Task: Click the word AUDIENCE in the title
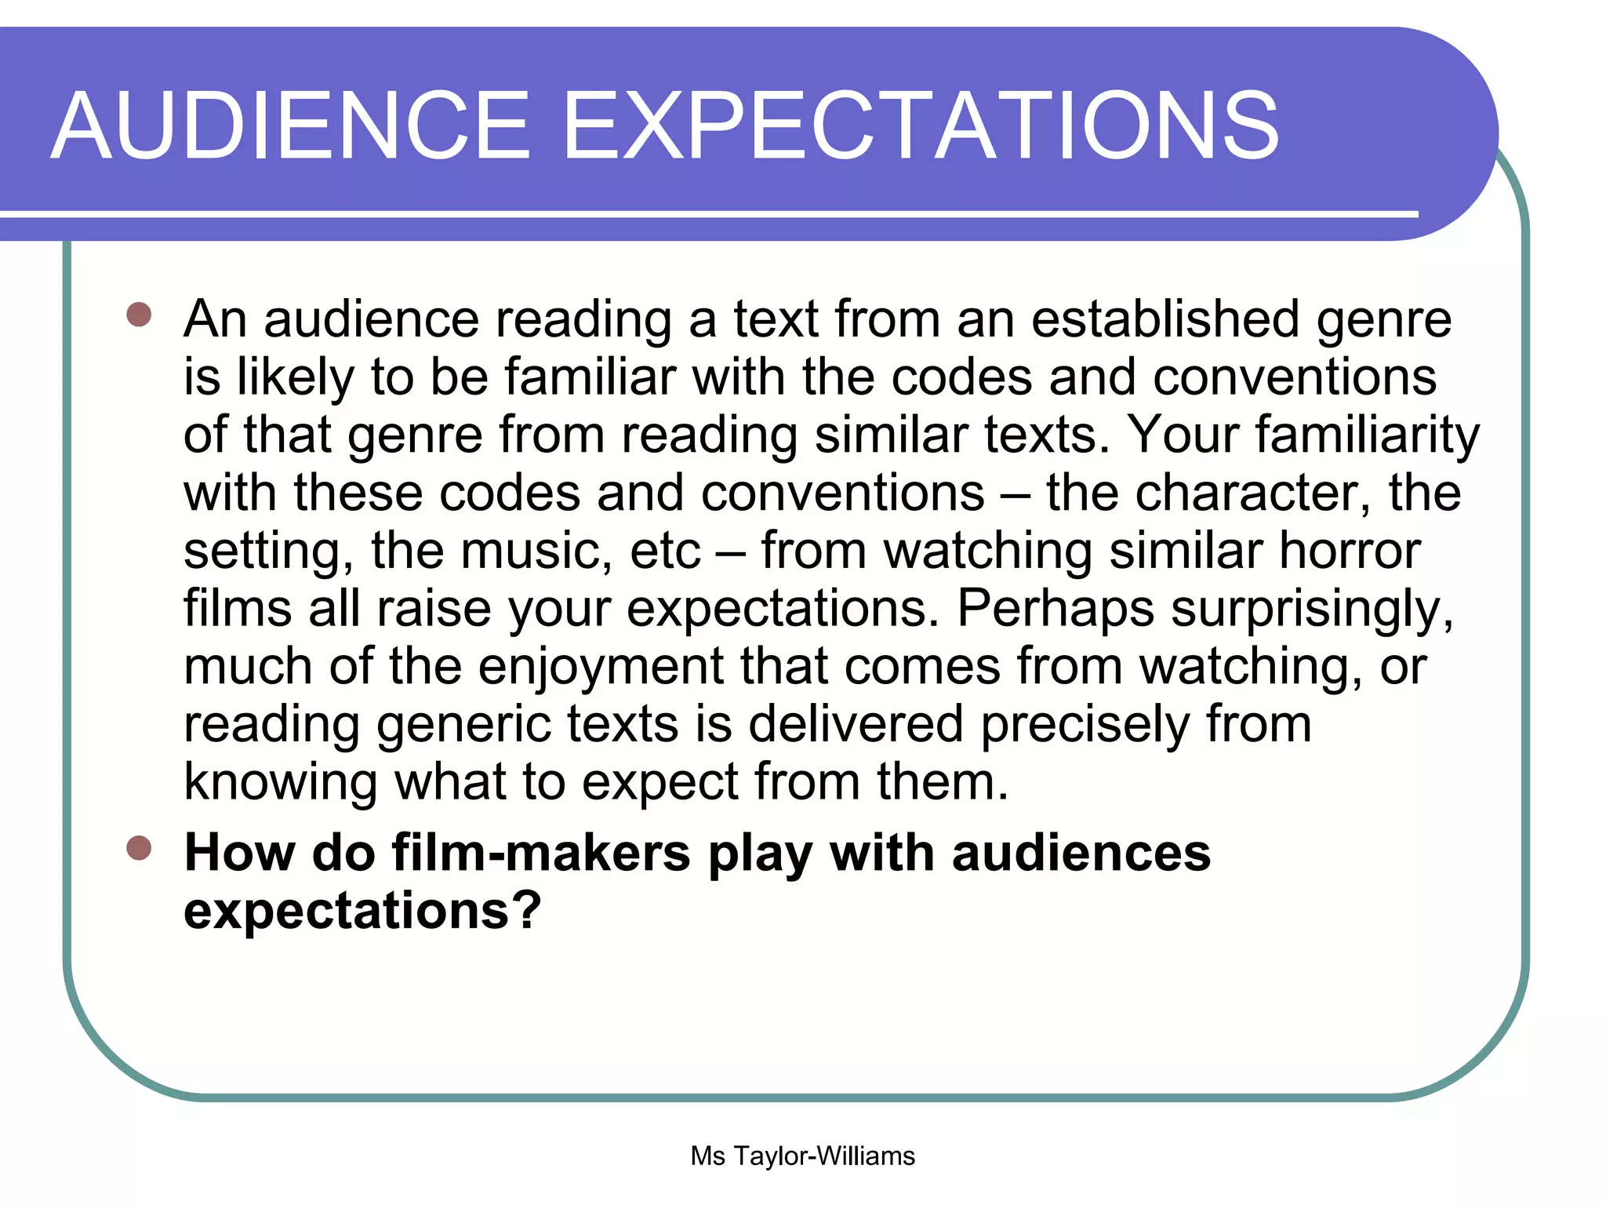(290, 126)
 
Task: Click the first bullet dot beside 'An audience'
(139, 315)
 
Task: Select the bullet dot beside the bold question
(139, 848)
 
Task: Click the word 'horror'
(1350, 551)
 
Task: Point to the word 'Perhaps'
(1056, 609)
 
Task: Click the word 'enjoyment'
(601, 667)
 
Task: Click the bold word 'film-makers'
(541, 853)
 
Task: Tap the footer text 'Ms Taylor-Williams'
(802, 1156)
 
